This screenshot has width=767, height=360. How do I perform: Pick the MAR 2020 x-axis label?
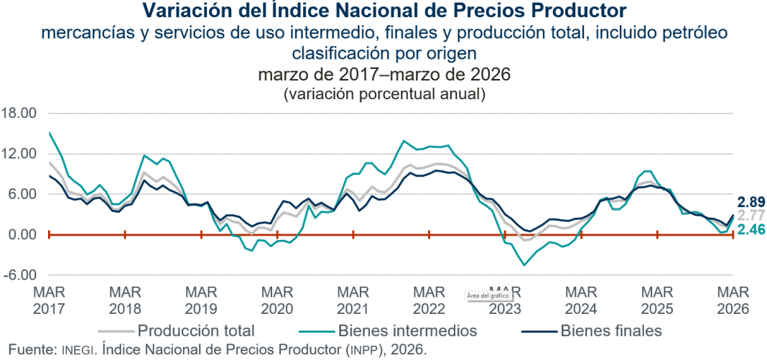[x=277, y=300]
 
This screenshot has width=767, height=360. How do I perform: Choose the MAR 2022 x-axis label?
[x=429, y=300]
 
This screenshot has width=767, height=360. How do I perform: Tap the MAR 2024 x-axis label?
[x=580, y=300]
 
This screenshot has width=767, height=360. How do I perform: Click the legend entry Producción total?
[x=195, y=331]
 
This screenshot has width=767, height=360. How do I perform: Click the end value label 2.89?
[x=750, y=202]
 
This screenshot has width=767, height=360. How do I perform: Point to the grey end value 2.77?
[x=750, y=216]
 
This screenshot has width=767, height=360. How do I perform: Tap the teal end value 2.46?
[x=750, y=230]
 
